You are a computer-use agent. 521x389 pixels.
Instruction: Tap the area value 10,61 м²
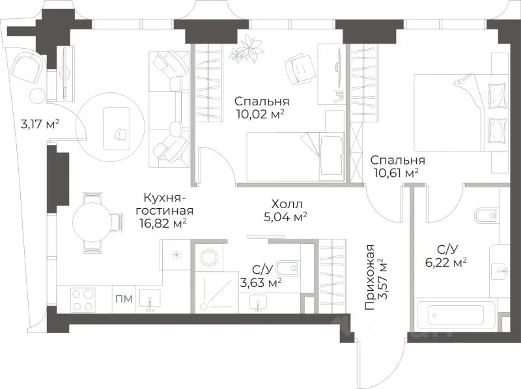click(x=393, y=173)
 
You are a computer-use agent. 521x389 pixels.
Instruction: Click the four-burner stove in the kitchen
click(x=83, y=300)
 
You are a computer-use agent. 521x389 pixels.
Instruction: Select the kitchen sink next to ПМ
click(x=151, y=301)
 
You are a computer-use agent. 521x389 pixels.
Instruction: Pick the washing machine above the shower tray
click(x=209, y=257)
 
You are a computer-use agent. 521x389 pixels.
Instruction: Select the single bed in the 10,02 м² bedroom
click(x=295, y=155)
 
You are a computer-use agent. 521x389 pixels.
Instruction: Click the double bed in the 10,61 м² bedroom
click(x=458, y=111)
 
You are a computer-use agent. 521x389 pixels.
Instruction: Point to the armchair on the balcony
click(x=29, y=66)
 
